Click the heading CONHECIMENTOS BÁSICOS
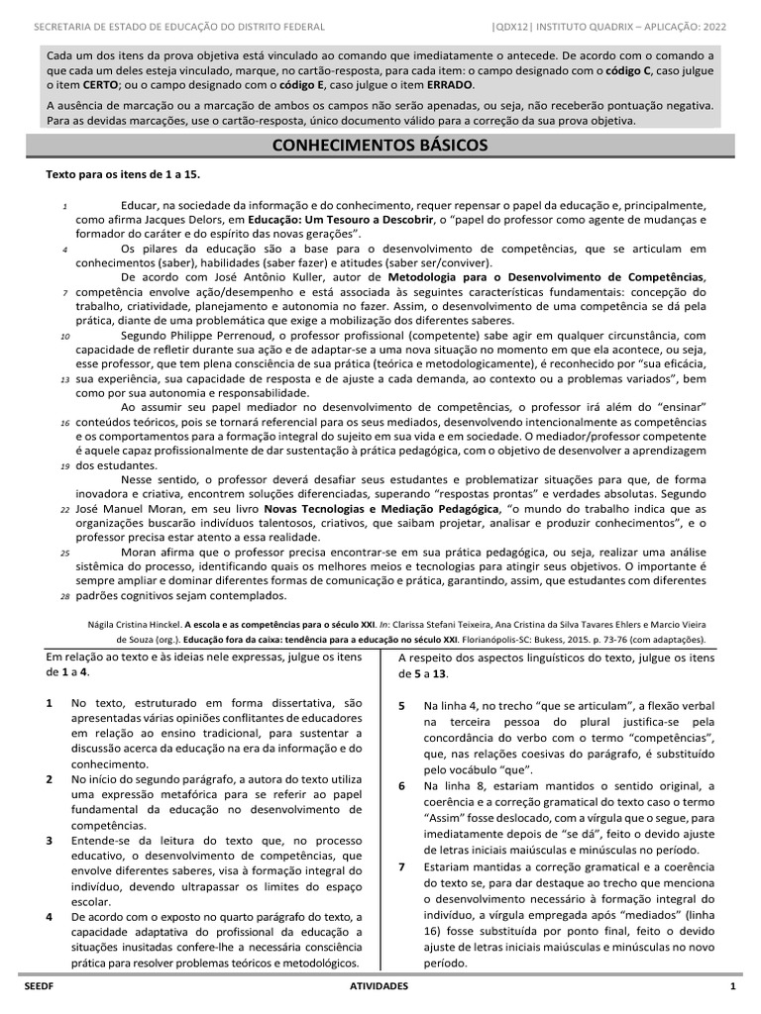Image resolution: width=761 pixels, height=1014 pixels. (380, 146)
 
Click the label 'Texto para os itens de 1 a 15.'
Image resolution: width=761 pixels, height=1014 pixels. (124, 174)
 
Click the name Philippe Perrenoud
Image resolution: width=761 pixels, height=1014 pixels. (214, 335)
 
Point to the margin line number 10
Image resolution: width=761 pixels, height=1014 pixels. (63, 336)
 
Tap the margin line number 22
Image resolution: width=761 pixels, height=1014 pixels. (63, 509)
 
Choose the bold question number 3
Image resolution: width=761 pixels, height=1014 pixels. (50, 841)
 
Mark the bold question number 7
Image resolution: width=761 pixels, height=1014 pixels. (402, 866)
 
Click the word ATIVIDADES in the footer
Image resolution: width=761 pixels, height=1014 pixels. (380, 987)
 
